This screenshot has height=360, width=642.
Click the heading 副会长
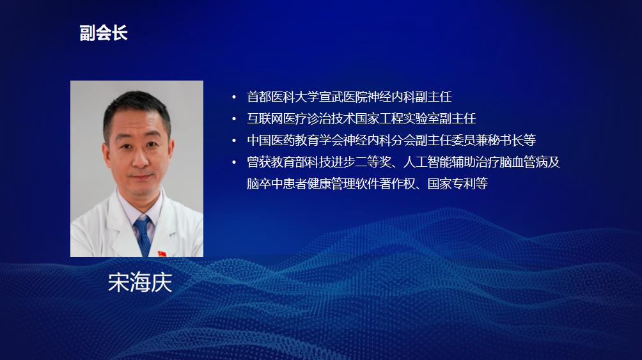(x=104, y=33)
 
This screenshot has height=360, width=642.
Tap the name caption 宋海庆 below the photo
(x=140, y=283)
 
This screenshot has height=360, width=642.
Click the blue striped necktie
(x=143, y=235)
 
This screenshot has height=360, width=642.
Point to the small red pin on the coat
(x=162, y=253)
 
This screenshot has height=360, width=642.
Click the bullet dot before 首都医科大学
(x=234, y=97)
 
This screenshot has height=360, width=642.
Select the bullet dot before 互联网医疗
(x=234, y=119)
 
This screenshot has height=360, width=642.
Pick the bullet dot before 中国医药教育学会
(x=234, y=141)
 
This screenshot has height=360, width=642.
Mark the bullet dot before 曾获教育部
(x=234, y=162)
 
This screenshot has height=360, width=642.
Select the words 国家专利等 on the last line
(x=458, y=184)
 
